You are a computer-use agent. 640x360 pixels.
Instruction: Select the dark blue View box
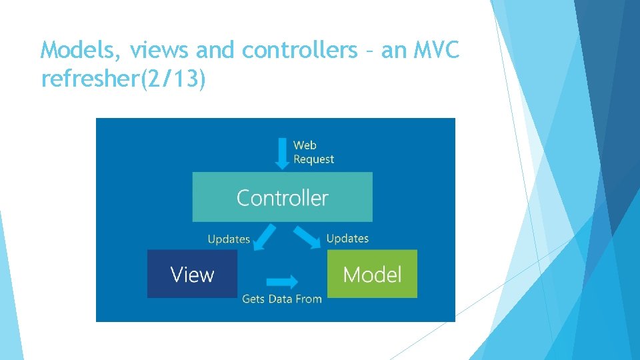tap(192, 274)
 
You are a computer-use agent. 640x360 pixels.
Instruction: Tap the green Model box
tap(372, 274)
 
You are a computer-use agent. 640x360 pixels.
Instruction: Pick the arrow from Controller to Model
tap(307, 237)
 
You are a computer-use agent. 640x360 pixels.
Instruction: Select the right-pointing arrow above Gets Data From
tap(282, 281)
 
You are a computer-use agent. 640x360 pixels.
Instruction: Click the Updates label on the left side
tap(229, 239)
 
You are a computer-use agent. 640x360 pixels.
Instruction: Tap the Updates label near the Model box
tap(347, 238)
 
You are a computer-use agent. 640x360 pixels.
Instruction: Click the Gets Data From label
tap(282, 299)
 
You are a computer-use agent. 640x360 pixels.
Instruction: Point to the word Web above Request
tap(305, 145)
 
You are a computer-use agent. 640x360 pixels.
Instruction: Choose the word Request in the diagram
tap(313, 159)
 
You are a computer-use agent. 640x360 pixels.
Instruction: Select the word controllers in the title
tap(300, 50)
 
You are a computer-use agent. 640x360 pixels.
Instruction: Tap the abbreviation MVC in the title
tap(435, 50)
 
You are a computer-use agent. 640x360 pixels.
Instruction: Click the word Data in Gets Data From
tap(280, 299)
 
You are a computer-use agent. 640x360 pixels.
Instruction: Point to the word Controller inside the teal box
tap(282, 197)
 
